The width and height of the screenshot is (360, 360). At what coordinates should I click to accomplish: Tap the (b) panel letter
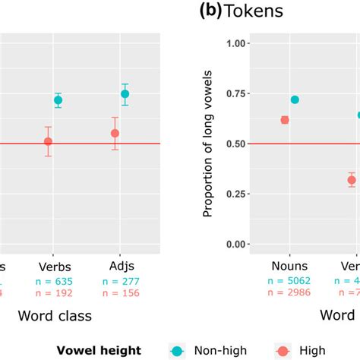coord(208,12)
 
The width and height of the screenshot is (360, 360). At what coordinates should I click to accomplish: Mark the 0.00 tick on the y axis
coord(238,245)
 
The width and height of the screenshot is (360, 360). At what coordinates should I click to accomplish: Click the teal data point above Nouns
coord(295,99)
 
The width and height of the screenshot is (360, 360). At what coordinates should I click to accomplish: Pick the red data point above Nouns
coord(285,119)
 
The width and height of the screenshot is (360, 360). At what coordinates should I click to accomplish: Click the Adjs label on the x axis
coord(118,267)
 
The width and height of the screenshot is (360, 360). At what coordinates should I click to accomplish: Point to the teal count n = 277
coord(118,280)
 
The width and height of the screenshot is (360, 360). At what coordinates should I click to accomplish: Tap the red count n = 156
coord(118,293)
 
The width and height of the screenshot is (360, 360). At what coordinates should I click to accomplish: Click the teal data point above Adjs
coord(125,94)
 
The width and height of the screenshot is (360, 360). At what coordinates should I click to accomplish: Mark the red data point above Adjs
coord(115,134)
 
